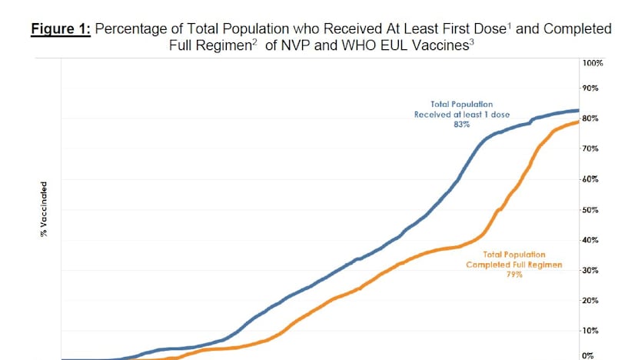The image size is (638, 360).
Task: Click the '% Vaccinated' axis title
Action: point(45,208)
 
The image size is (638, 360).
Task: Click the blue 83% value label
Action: point(462,124)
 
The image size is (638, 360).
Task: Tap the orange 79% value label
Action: point(514,274)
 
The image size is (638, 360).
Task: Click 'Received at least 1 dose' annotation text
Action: point(462,114)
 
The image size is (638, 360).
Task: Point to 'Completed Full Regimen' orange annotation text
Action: point(514,264)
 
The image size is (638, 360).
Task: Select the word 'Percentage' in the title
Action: point(137,29)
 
